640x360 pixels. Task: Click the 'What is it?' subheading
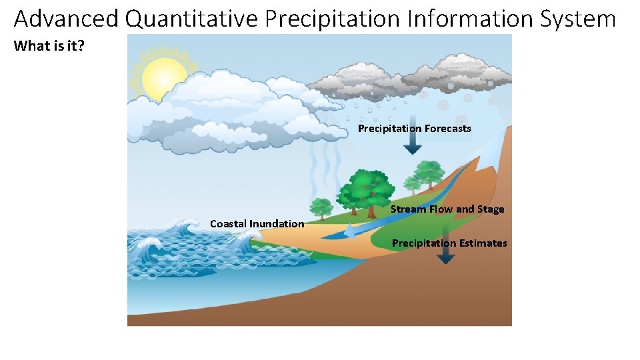coord(49,46)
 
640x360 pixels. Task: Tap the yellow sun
coord(164,77)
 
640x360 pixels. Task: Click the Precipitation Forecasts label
coord(414,128)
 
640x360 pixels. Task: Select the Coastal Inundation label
coord(257,223)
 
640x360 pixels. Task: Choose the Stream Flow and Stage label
coord(447,209)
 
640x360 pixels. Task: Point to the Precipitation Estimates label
coord(449,243)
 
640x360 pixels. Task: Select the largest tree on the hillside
coord(364,190)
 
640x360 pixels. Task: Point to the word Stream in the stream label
coord(408,209)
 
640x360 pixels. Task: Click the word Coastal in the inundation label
coord(228,223)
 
